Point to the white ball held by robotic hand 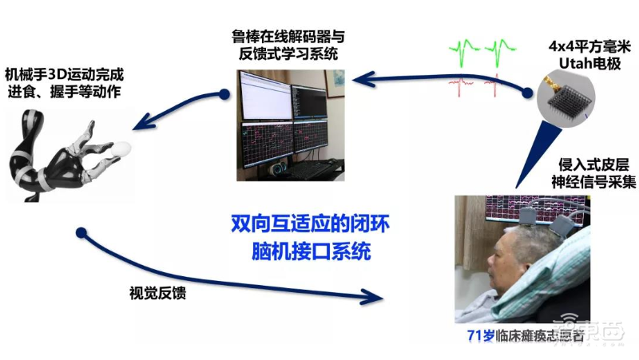coord(121,148)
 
